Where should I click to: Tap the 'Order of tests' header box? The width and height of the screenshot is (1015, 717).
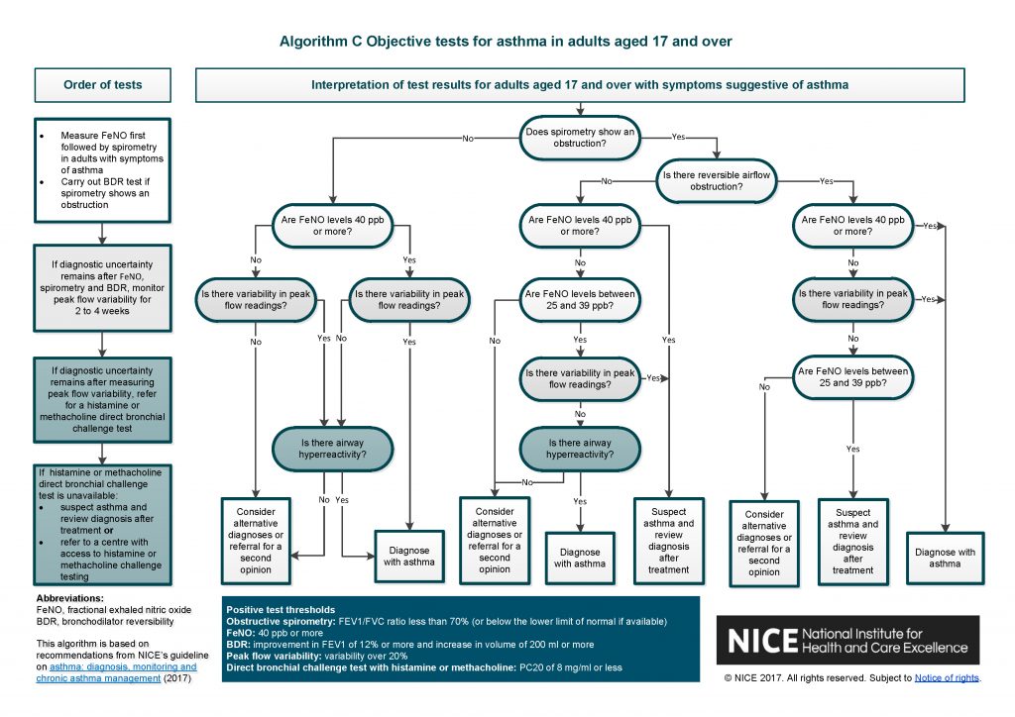click(103, 84)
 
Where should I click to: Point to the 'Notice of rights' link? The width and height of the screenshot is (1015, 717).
click(946, 678)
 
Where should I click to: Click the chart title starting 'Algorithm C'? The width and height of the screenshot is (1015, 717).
click(506, 42)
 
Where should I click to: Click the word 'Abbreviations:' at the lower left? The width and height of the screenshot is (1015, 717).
click(69, 599)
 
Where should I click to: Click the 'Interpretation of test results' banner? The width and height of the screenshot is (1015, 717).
click(580, 84)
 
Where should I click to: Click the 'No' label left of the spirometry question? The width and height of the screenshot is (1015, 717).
click(468, 139)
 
